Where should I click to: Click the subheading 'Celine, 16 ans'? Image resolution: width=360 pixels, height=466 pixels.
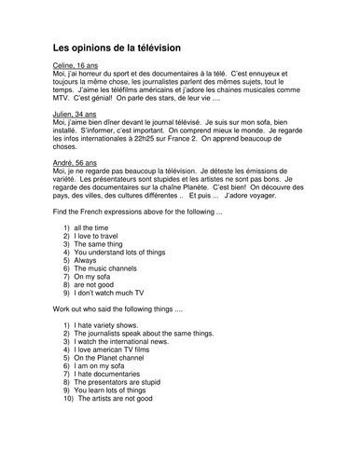[x=81, y=67]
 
